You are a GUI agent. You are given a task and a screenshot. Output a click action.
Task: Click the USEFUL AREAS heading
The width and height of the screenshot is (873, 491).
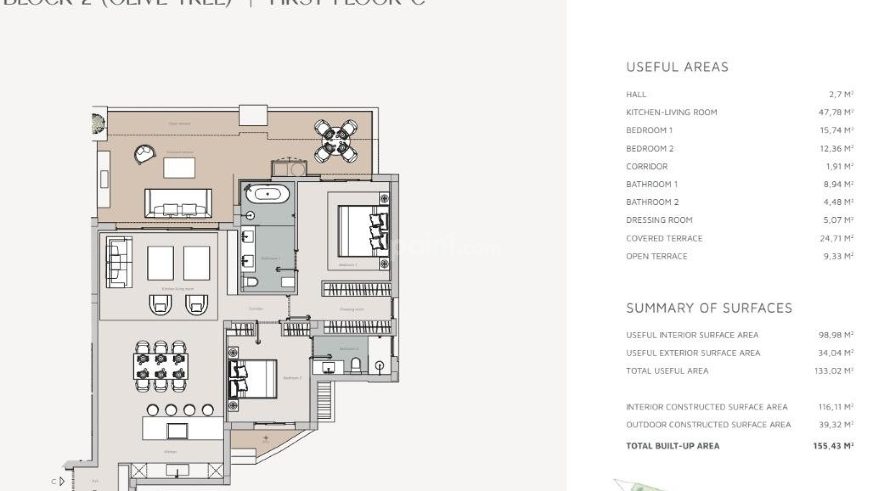point(677,67)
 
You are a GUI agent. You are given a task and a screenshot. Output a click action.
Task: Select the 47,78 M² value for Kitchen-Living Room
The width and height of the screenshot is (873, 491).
point(836,112)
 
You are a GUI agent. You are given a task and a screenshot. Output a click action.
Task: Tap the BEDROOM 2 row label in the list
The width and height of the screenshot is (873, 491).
point(650,149)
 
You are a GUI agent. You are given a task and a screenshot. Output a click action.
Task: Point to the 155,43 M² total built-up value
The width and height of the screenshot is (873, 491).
point(833,446)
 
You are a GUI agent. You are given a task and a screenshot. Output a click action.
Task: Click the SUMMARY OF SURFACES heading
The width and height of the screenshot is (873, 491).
point(709,308)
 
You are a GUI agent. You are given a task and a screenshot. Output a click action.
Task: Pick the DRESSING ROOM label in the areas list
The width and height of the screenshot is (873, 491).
point(659,220)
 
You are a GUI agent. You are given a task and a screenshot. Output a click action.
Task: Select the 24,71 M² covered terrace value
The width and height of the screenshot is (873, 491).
point(836,238)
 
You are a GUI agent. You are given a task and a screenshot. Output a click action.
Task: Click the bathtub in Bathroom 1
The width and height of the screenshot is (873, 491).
point(267,194)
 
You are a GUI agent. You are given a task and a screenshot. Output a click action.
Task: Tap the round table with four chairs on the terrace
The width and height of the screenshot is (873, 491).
point(336,140)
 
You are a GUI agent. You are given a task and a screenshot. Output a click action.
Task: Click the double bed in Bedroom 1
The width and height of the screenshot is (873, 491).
point(362,230)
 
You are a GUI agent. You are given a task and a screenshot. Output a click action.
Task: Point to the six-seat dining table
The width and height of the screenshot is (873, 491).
point(161,366)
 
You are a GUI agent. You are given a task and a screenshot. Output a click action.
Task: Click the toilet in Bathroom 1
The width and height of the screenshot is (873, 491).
point(250,282)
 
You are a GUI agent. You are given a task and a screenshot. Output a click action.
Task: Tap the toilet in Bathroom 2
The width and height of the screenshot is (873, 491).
point(356,364)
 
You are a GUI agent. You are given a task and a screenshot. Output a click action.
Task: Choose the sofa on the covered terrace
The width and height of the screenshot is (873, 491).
point(178,203)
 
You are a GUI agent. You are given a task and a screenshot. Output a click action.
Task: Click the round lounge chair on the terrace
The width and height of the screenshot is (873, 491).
point(145,154)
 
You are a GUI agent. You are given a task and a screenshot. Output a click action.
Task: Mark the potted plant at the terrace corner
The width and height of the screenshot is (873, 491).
point(98,123)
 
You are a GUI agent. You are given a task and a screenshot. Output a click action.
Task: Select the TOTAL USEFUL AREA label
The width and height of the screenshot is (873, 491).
point(667,371)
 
